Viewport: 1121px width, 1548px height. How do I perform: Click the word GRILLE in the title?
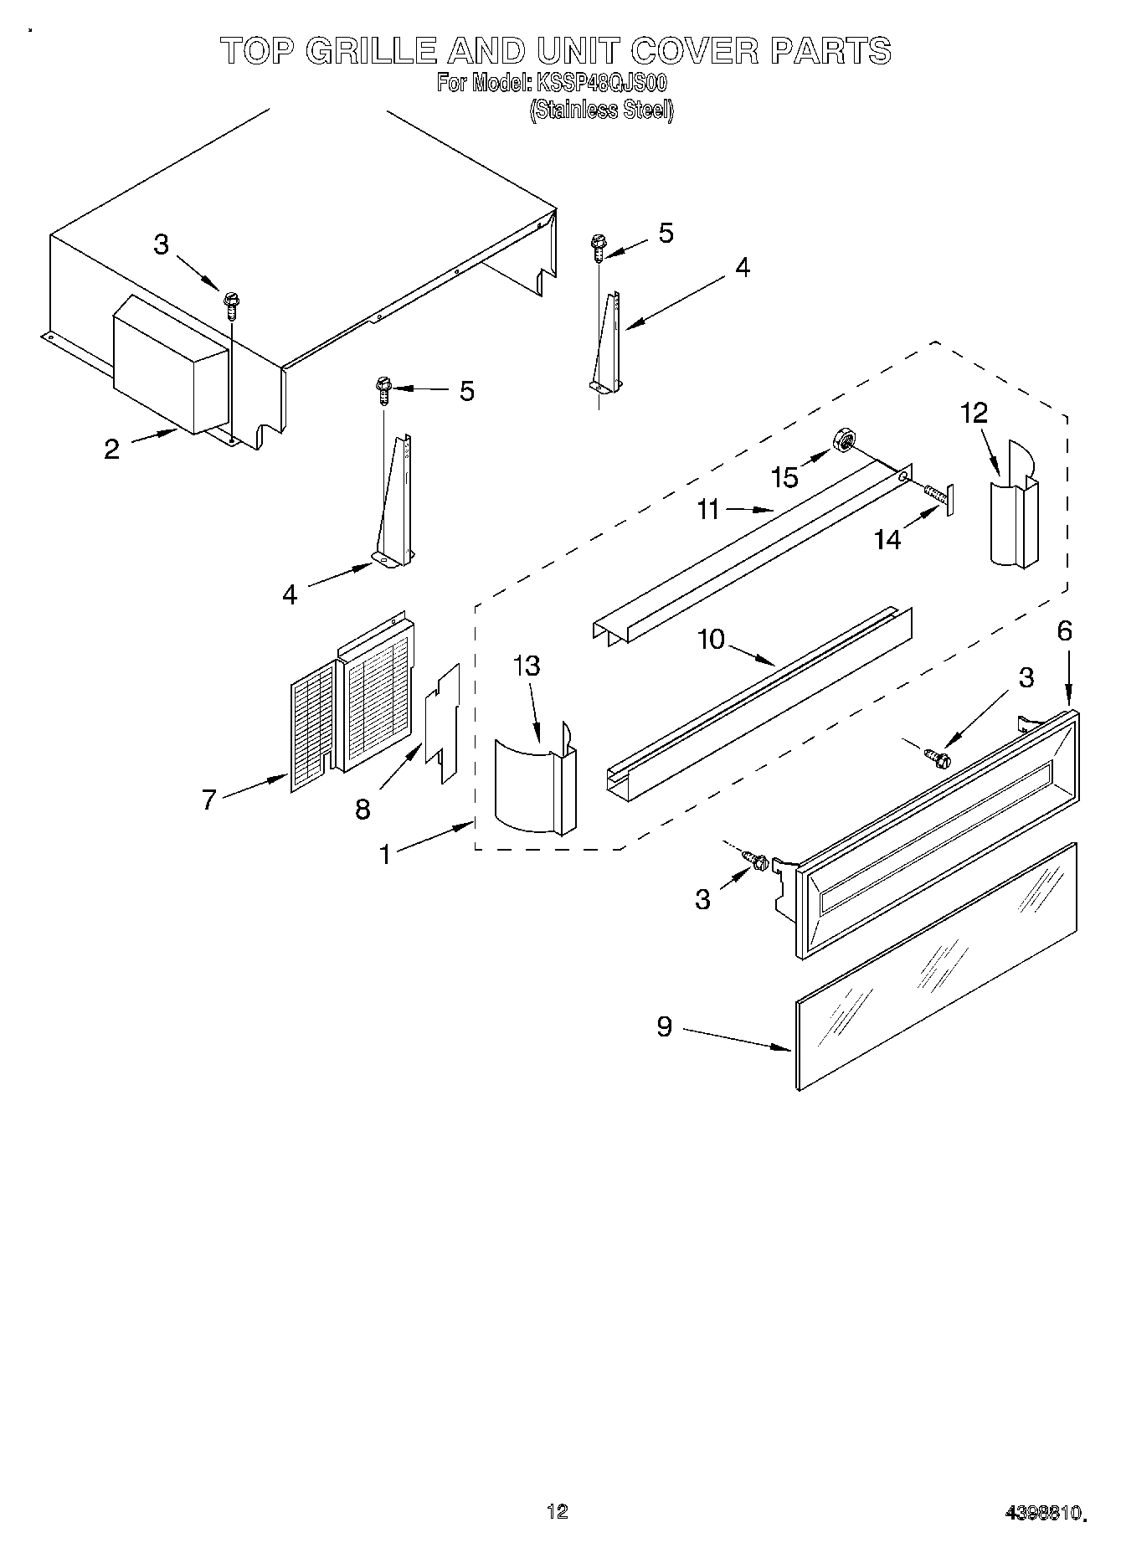[x=370, y=52]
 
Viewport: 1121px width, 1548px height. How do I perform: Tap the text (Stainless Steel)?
[x=601, y=110]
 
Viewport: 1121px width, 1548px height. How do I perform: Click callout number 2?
[x=112, y=449]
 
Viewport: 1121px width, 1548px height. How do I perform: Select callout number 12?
[x=974, y=412]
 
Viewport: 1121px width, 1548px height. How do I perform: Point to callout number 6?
[x=1064, y=630]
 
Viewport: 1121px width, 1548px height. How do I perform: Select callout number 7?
[x=209, y=799]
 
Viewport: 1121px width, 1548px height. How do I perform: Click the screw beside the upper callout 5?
[x=599, y=247]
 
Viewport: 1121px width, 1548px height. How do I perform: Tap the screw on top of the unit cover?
[x=231, y=303]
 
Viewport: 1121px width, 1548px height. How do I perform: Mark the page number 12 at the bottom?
[x=557, y=1510]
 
